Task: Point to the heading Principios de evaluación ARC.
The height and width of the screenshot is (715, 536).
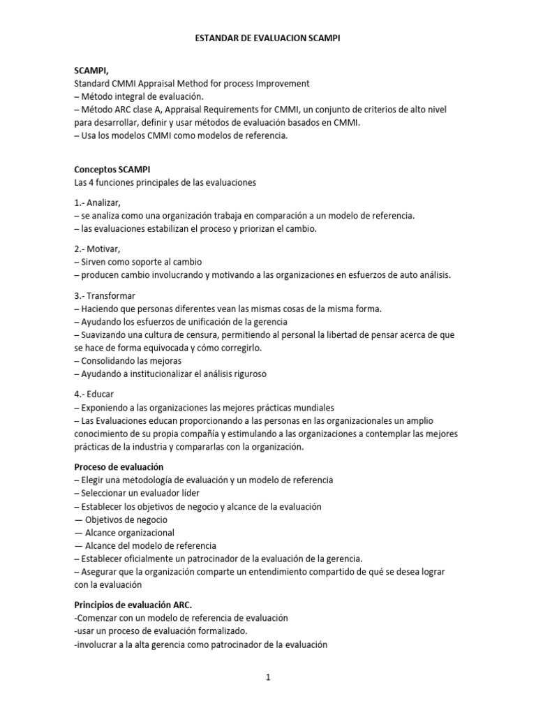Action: pos(133,605)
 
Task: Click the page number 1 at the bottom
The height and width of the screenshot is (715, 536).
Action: pos(267,677)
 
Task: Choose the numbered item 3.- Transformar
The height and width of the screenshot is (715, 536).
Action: pos(105,295)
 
